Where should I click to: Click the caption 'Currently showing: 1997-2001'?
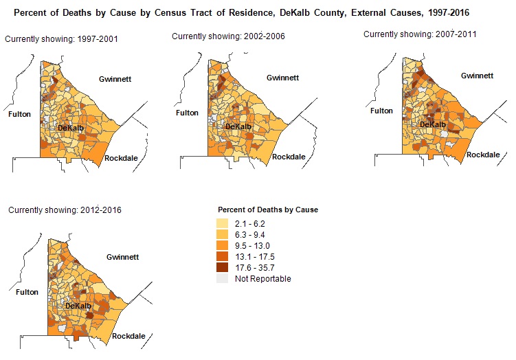(x=61, y=39)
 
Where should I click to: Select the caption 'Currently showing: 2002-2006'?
(x=229, y=35)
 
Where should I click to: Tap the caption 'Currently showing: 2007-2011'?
(x=420, y=34)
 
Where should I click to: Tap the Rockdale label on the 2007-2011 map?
(x=483, y=155)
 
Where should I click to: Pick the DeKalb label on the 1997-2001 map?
(x=71, y=128)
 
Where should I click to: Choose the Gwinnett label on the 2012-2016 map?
(x=122, y=257)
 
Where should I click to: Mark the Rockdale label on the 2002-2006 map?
(x=289, y=157)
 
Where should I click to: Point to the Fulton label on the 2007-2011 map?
(x=381, y=111)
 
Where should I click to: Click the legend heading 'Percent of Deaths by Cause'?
(x=267, y=210)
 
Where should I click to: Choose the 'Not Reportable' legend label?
(x=262, y=279)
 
